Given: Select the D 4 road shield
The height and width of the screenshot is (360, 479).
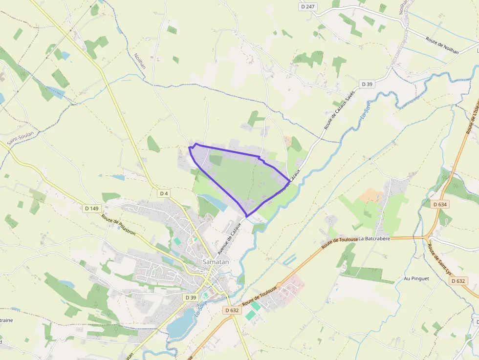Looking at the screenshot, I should pyautogui.click(x=164, y=193).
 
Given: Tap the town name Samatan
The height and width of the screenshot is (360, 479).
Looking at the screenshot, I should pyautogui.click(x=216, y=262).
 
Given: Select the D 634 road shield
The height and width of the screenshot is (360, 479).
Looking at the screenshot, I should pyautogui.click(x=440, y=204).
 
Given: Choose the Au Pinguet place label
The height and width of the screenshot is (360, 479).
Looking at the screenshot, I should pyautogui.click(x=416, y=278).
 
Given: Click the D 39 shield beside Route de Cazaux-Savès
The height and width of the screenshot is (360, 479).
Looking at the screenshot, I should pyautogui.click(x=367, y=84).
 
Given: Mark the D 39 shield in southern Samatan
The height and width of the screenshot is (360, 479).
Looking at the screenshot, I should pyautogui.click(x=191, y=297).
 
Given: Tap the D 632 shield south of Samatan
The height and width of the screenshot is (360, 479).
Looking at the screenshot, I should pyautogui.click(x=232, y=310).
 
